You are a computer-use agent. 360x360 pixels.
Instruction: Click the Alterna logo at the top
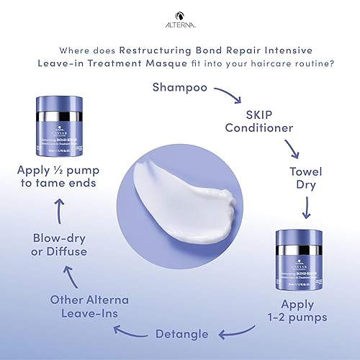pos(180,12)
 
